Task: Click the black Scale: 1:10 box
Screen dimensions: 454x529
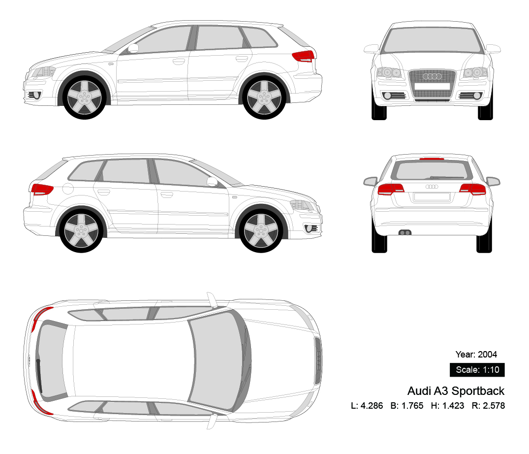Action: pos(477,370)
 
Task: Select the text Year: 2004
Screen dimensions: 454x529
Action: pos(476,354)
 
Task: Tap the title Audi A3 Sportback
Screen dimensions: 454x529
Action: pos(456,391)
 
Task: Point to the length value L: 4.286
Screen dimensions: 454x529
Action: pos(367,406)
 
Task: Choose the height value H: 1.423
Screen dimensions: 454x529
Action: pos(447,406)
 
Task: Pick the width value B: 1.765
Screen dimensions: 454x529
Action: pos(406,406)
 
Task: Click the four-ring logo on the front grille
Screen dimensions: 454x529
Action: pos(432,76)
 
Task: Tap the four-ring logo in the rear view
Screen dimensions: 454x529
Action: pos(432,187)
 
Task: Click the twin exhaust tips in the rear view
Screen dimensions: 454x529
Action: pos(405,232)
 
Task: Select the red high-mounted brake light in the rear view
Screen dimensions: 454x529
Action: pos(432,159)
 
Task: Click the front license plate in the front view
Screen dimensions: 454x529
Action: pos(432,86)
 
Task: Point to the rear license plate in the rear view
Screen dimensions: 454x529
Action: pos(432,196)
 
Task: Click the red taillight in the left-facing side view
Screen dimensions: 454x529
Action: pos(303,56)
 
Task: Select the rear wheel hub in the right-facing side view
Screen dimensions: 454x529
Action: pos(80,230)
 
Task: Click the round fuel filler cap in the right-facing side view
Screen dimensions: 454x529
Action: pos(67,188)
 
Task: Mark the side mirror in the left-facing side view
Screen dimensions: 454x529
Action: pos(133,48)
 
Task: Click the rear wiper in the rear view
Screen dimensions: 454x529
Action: pos(447,177)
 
